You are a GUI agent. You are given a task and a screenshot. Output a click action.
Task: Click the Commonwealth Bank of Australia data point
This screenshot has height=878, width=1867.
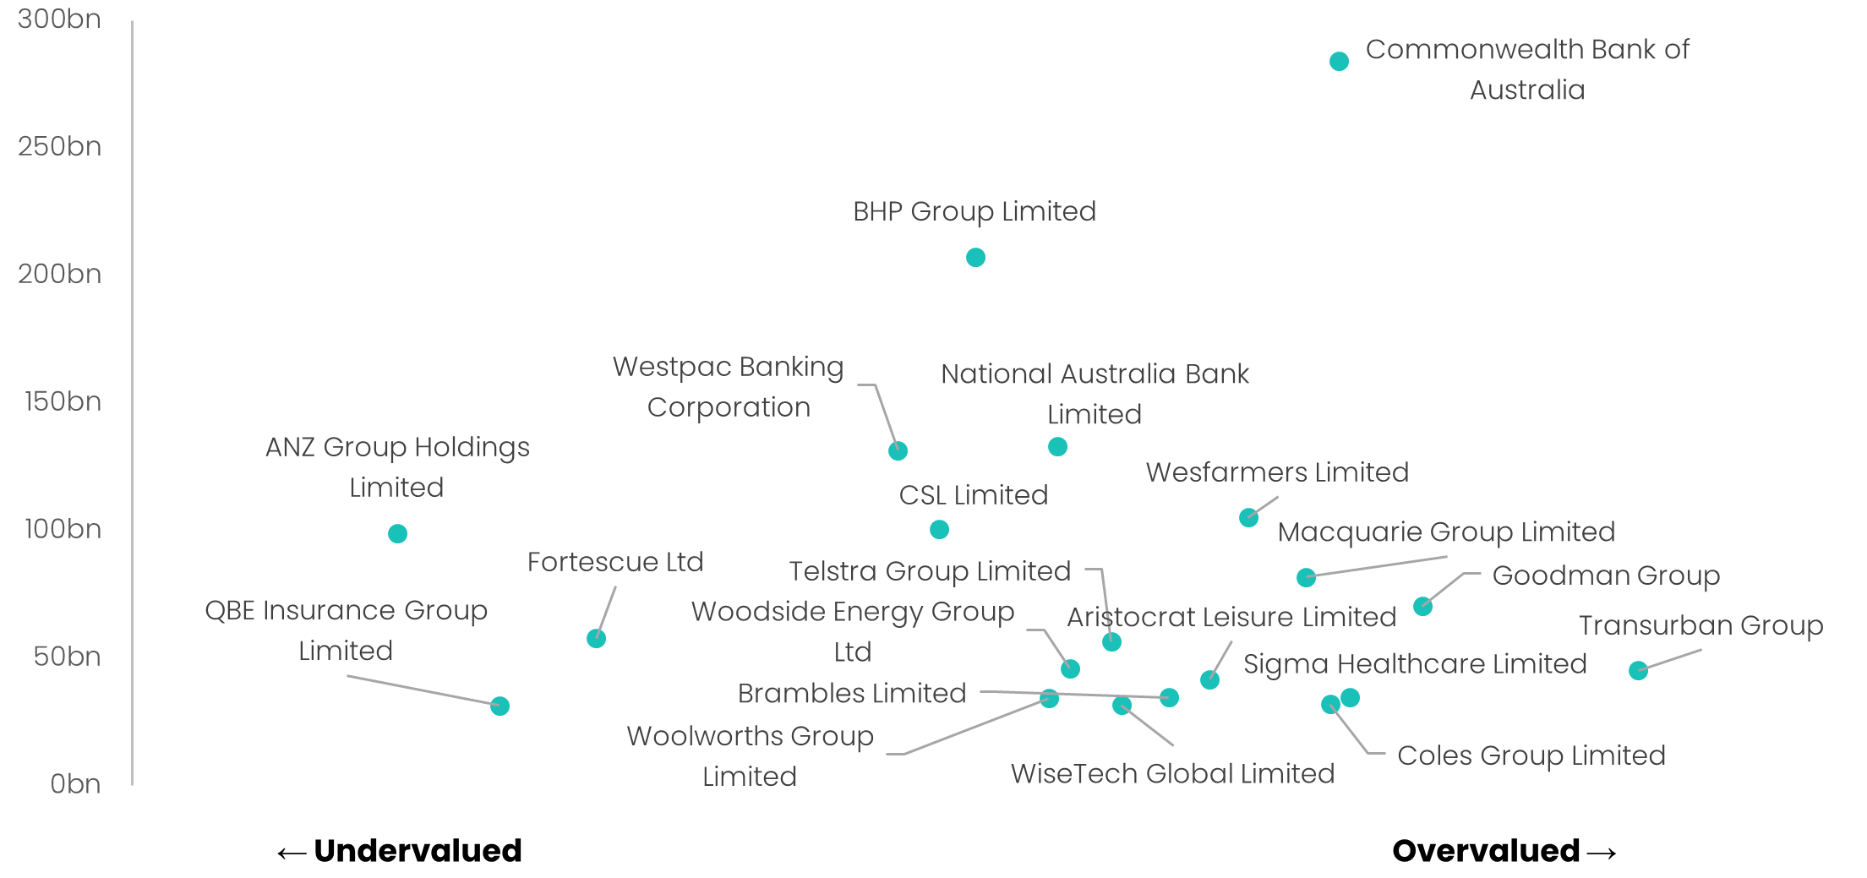tap(1339, 62)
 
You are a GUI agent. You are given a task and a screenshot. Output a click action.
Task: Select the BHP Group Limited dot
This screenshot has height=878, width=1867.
tap(975, 257)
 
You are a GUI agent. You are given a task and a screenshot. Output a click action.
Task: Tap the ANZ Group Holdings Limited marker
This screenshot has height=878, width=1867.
tap(397, 533)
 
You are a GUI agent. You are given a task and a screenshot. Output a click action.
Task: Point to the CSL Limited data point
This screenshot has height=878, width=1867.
tap(939, 529)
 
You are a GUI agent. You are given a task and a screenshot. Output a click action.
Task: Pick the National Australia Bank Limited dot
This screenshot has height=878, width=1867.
tap(1057, 446)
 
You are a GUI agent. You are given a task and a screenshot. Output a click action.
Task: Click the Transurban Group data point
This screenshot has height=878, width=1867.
tap(1638, 670)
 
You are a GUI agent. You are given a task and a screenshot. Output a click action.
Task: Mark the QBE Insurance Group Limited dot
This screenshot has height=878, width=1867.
tap(500, 706)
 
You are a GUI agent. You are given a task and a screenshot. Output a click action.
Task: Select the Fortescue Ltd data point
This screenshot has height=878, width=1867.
tap(596, 638)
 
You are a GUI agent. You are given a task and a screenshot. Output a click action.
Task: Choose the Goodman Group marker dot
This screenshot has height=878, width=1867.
tap(1422, 606)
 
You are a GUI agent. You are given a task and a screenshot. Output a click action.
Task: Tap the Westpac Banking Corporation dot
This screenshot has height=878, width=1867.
tap(898, 450)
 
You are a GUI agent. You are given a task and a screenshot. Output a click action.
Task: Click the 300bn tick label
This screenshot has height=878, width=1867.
tap(59, 19)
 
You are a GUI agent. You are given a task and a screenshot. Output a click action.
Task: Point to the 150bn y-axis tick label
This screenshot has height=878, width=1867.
tap(63, 401)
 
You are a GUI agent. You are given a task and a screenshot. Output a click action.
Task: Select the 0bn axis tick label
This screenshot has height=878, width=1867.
tap(74, 783)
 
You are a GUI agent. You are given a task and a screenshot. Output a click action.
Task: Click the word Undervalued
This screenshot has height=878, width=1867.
tap(418, 850)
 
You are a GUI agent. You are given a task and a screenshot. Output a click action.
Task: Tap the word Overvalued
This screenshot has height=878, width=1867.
tap(1486, 850)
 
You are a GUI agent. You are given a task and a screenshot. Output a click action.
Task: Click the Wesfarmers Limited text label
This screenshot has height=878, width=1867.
tap(1277, 472)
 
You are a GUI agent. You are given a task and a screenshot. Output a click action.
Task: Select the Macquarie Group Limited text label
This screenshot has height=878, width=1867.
tap(1446, 532)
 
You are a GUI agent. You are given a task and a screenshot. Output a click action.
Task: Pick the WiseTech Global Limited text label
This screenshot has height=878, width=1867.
tap(1172, 773)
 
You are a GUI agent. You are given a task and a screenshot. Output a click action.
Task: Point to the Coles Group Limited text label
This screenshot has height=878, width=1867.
tap(1531, 755)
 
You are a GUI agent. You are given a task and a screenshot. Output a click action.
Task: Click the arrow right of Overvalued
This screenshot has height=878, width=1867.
tap(1602, 853)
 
